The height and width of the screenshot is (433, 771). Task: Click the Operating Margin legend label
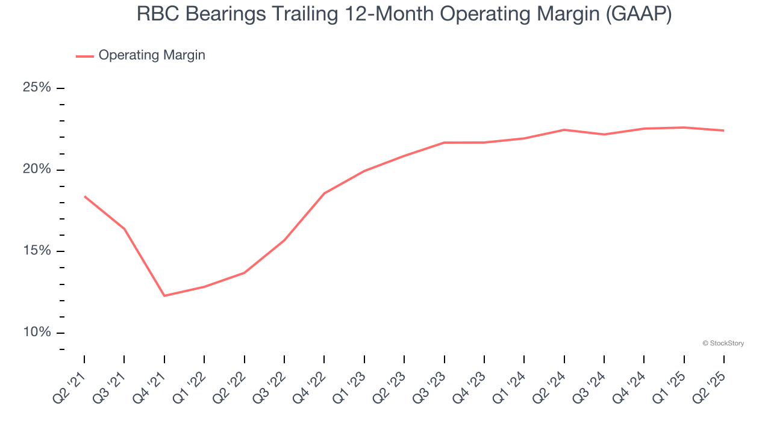152,55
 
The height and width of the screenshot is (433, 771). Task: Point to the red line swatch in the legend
84,56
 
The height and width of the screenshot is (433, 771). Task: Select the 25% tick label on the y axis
37,88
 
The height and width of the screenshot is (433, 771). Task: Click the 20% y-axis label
37,170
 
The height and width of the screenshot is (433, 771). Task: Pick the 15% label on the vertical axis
37,251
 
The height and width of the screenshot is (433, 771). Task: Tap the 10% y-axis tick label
37,333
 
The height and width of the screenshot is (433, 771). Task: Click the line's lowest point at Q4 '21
164,296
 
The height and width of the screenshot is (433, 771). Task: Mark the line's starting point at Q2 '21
84,196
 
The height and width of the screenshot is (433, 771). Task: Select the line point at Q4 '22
324,194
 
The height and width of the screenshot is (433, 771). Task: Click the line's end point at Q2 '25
723,131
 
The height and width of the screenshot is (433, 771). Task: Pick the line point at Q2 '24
564,130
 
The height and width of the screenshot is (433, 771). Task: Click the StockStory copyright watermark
723,343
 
